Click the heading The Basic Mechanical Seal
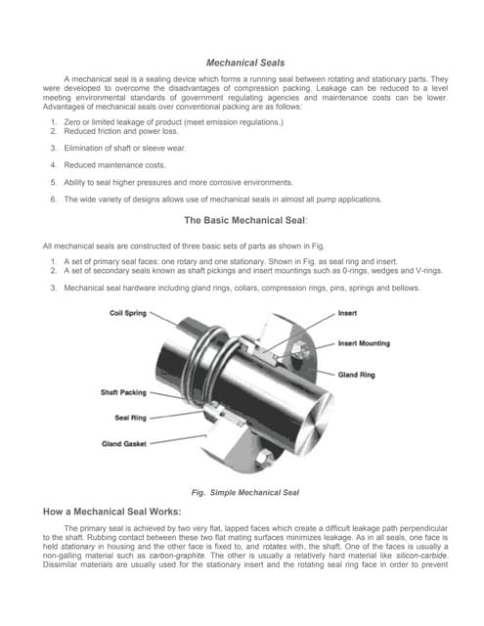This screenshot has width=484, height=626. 243,220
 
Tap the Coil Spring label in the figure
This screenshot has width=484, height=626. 129,314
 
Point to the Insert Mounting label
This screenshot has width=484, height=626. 367,343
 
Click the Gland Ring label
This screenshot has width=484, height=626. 358,375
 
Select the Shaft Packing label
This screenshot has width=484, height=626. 124,392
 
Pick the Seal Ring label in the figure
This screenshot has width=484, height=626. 131,418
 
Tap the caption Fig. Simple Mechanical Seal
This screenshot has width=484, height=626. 243,491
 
